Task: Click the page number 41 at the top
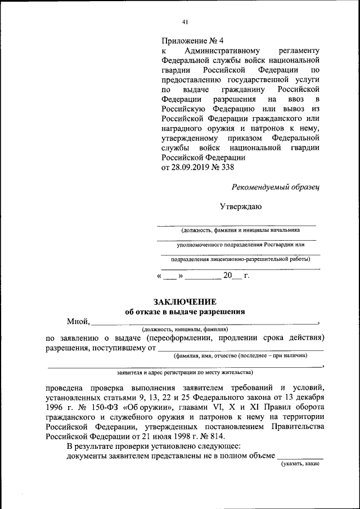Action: click(185, 22)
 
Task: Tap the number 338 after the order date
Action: click(227, 168)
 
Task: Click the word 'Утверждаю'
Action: click(240, 206)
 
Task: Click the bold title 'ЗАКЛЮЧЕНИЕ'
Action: click(185, 302)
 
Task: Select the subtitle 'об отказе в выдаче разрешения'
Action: click(185, 312)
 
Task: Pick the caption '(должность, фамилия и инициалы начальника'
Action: click(240, 229)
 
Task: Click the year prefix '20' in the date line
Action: click(227, 276)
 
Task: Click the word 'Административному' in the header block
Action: click(219, 51)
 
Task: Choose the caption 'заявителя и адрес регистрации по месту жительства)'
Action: click(184, 372)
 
